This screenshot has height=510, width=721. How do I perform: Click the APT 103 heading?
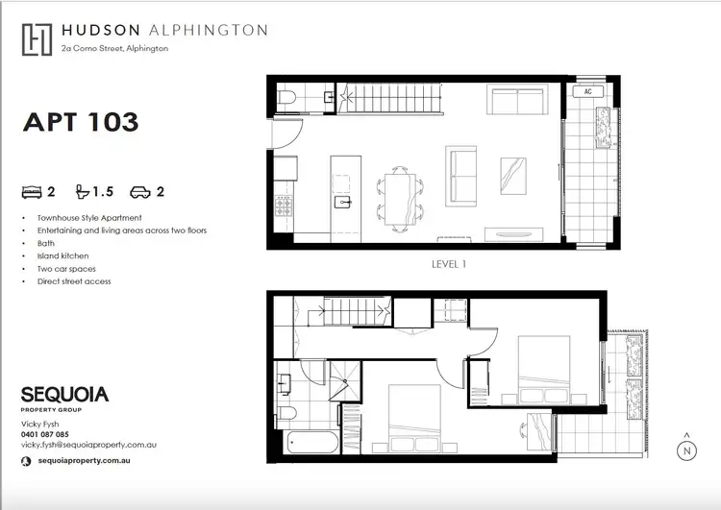[81, 122]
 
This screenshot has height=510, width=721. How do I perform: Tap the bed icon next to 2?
[33, 191]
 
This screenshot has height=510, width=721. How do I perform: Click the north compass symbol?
[686, 449]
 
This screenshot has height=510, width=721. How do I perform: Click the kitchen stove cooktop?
[285, 206]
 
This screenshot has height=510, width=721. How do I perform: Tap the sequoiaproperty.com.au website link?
[82, 462]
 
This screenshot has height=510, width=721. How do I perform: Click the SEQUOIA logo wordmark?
[64, 395]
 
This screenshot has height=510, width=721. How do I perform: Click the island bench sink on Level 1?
[340, 203]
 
